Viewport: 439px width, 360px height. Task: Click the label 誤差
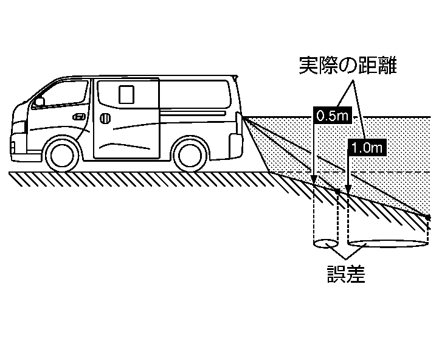coord(345,275)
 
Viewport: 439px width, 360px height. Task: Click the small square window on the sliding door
coord(126,94)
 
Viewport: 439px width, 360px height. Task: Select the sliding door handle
coord(106,117)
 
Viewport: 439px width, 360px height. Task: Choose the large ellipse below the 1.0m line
coord(387,244)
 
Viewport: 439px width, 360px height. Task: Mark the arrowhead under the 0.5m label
coord(314,181)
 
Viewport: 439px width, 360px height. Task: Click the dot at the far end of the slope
coord(428,217)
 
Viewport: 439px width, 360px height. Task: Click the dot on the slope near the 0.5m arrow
coord(338,191)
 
